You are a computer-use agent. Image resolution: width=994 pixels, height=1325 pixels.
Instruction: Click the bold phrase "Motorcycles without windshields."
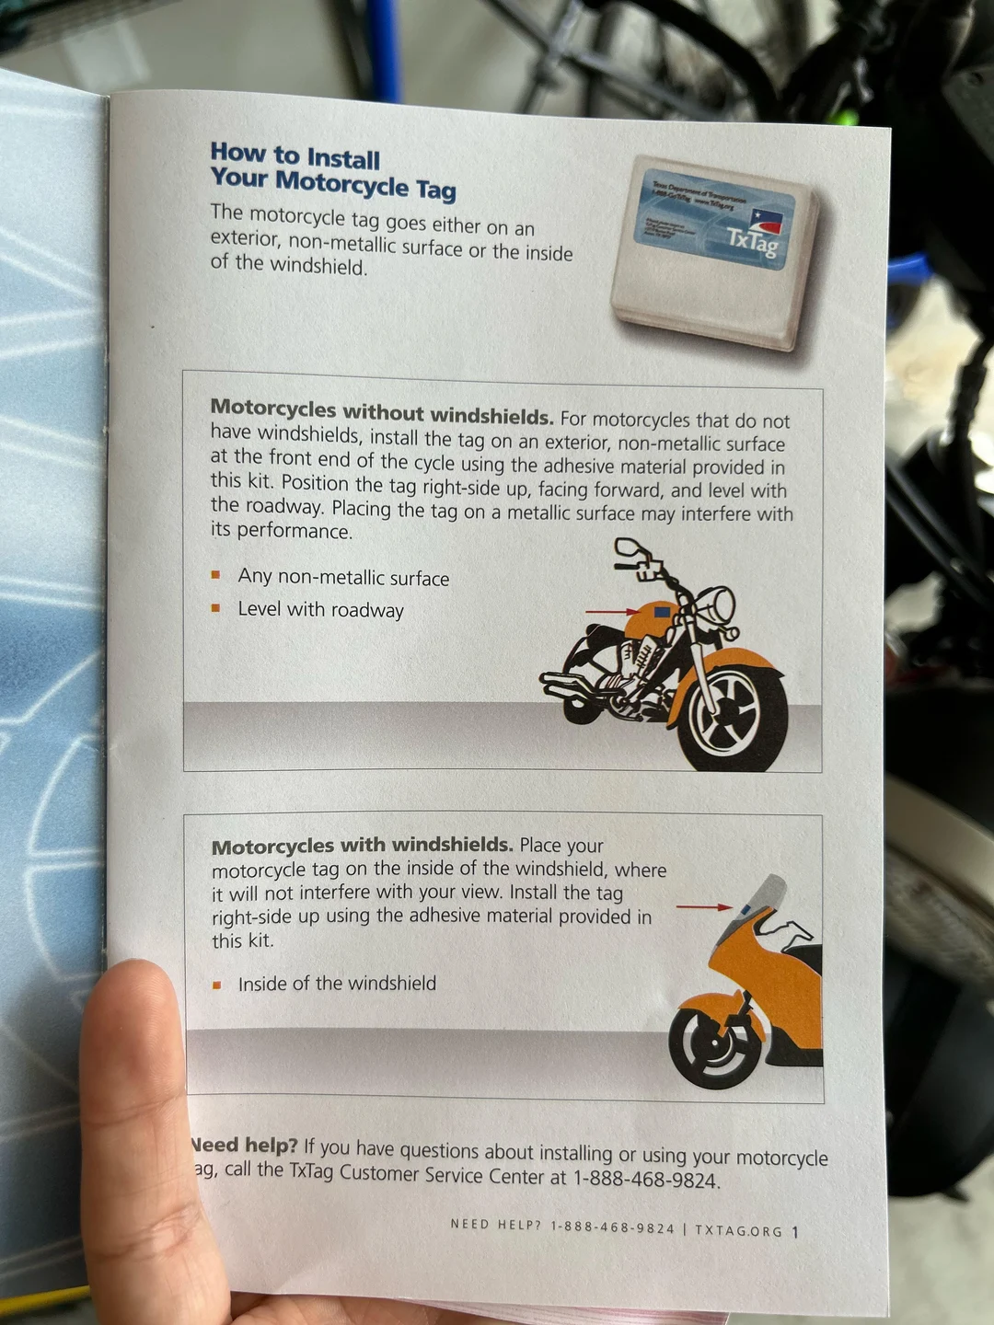coord(381,410)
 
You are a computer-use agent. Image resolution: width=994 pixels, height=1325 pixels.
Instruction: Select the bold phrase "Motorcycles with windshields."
coord(362,846)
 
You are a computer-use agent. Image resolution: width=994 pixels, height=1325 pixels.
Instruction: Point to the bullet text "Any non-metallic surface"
coord(343,578)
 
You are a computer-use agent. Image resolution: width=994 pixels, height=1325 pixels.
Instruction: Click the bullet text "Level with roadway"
coord(320,609)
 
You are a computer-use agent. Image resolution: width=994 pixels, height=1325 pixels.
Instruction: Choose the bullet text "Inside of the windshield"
coord(337,984)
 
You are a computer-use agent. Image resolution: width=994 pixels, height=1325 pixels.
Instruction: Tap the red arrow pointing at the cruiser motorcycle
coord(611,611)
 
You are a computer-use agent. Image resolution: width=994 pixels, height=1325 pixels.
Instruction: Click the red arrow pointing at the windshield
coord(704,907)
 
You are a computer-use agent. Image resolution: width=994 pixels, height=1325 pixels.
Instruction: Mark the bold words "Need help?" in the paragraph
coord(244,1146)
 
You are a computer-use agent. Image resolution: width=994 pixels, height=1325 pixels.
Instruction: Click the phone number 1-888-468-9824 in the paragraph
coord(644,1179)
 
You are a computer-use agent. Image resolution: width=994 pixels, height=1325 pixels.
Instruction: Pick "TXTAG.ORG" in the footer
coord(738,1230)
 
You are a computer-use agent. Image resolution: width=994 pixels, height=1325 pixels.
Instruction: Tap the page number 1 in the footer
coord(795,1231)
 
